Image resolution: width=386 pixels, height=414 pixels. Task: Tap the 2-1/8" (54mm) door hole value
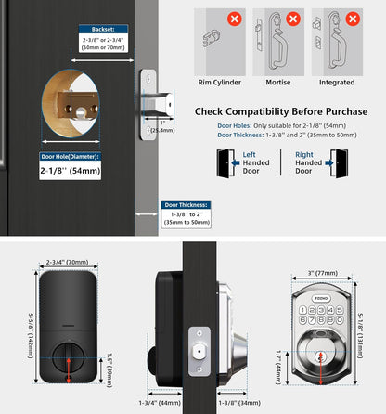[71, 171]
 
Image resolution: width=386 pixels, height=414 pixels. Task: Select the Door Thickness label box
[186, 204]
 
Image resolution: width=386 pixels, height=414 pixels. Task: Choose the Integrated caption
[338, 80]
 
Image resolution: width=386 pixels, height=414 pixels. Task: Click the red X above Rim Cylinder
[235, 19]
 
